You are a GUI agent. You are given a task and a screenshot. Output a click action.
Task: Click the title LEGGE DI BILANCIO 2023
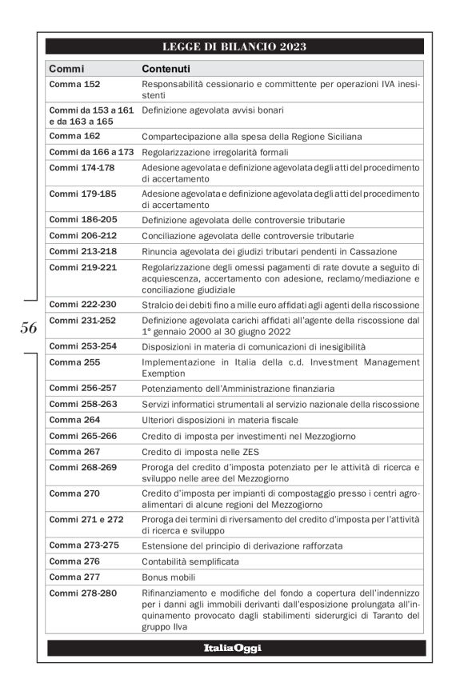(234, 46)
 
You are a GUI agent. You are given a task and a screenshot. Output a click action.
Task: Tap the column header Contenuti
(166, 69)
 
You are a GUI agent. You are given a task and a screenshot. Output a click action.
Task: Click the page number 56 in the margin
(29, 326)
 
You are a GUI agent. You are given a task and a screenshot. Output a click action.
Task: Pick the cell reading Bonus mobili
(168, 576)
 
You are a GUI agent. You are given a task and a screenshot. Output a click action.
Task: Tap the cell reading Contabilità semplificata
(190, 561)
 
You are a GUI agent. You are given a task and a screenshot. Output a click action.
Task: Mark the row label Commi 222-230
(82, 305)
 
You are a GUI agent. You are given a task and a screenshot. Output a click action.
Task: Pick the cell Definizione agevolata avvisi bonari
(213, 110)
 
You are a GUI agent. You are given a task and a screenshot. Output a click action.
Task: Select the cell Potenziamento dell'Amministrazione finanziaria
(238, 389)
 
